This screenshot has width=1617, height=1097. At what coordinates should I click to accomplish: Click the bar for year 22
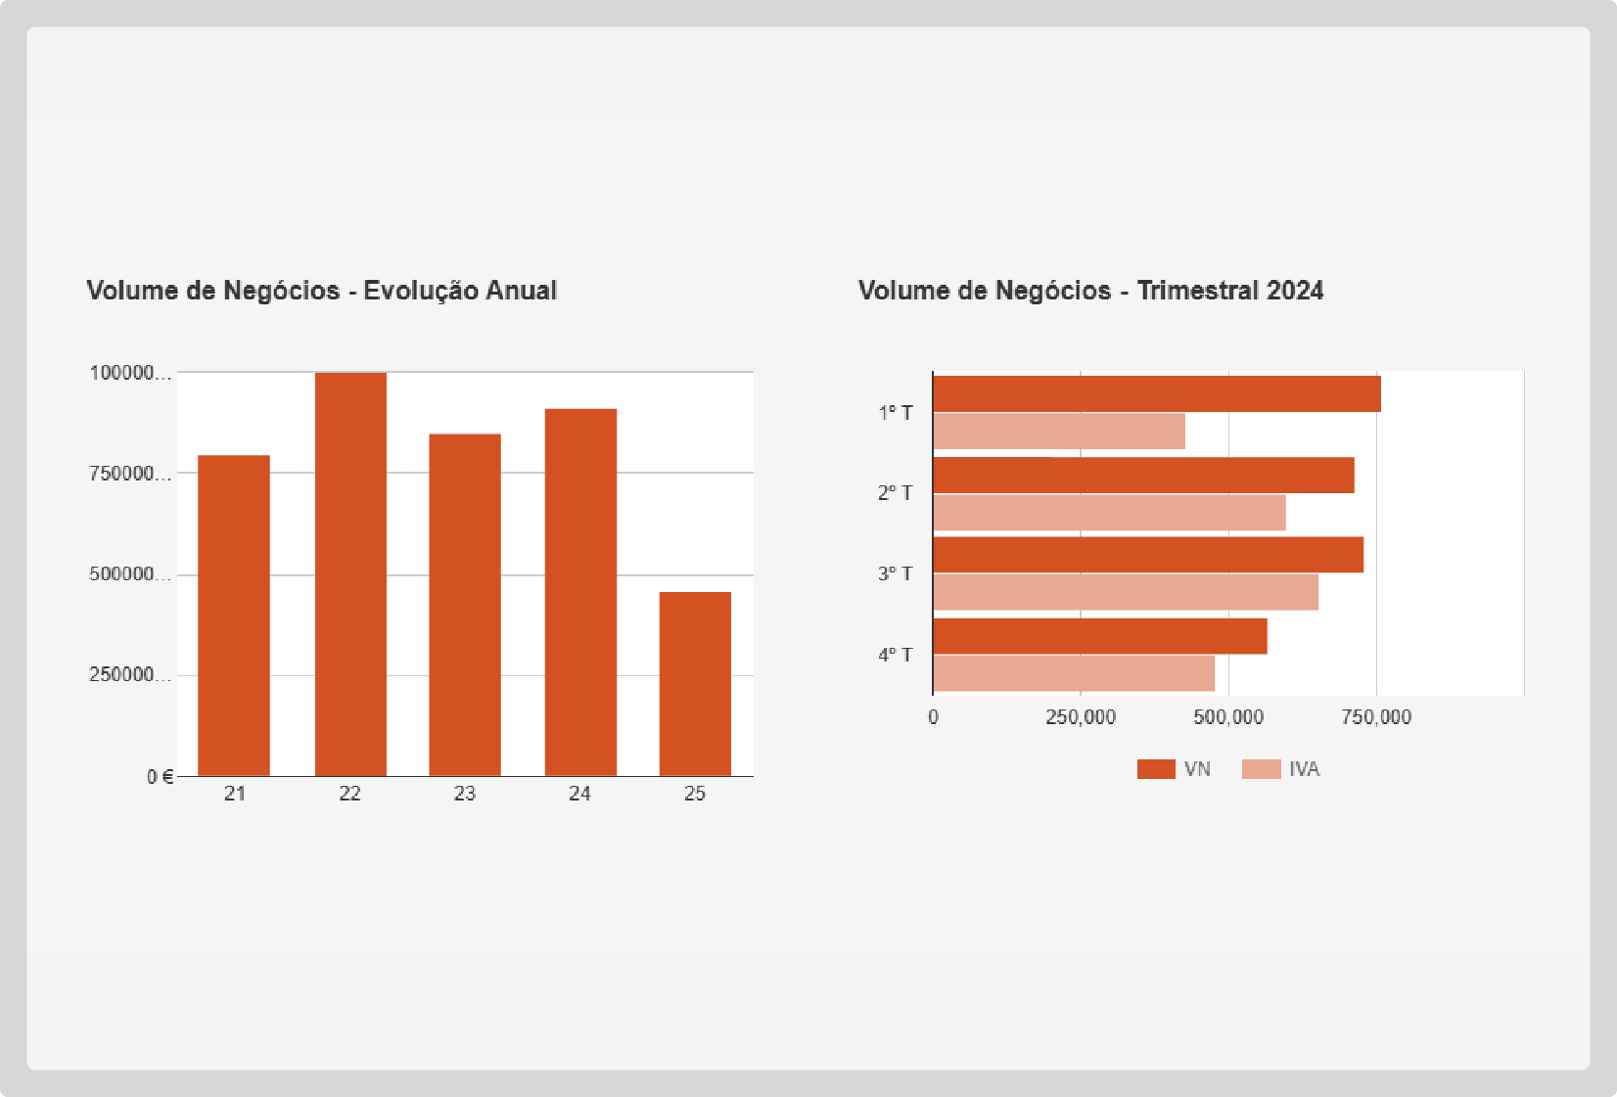pos(350,574)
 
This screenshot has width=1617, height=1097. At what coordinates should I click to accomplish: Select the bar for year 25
pos(695,684)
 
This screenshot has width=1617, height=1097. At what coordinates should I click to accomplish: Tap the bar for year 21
pos(234,616)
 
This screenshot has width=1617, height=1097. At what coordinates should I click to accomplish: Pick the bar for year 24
pos(580,592)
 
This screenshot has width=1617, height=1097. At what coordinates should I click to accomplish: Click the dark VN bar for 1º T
pos(1157,394)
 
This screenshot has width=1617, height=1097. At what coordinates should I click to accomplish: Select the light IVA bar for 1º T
pos(1059,432)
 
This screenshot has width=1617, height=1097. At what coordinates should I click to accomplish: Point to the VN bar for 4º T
pos(1100,636)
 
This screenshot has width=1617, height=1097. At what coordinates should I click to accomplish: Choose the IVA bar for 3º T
pos(1126,592)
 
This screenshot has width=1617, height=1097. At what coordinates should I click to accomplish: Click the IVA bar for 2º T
pos(1109,513)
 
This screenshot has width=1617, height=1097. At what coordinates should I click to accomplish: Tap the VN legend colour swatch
pos(1156,769)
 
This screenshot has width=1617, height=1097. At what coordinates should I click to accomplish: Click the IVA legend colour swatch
pos(1261,769)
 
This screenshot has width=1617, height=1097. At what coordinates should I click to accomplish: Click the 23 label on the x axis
pos(465,794)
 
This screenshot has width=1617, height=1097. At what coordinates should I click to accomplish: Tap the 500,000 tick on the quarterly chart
pos(1228,717)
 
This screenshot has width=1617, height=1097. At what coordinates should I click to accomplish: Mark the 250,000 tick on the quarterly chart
pos(1081,717)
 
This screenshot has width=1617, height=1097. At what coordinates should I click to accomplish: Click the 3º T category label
pos(895,573)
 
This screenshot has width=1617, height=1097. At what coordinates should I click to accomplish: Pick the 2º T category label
pos(895,493)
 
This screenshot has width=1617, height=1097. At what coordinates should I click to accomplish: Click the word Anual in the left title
pos(522,291)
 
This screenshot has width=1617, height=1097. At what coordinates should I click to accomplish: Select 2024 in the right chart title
pos(1295,291)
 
